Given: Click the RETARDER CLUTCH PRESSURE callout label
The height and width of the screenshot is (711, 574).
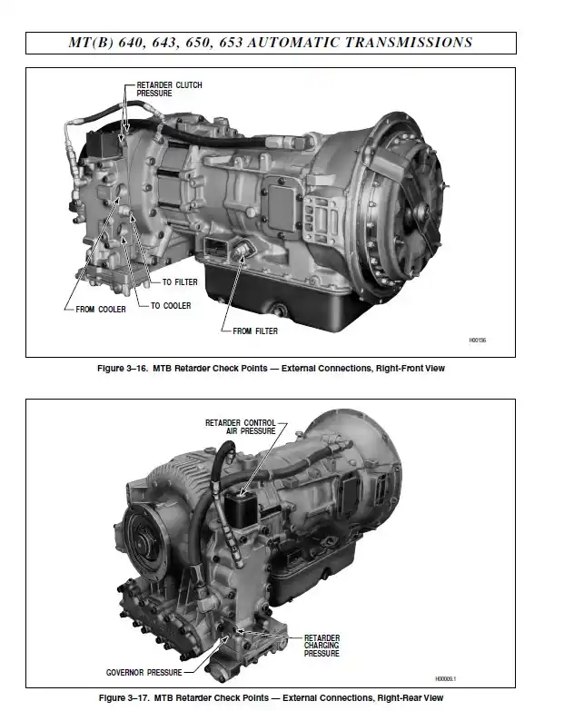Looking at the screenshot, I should point(169,88).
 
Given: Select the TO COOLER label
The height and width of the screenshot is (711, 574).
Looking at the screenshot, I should point(171,306).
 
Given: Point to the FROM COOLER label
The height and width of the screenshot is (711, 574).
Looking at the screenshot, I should point(100,310).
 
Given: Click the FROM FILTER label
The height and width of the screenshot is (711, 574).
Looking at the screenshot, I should point(254,331).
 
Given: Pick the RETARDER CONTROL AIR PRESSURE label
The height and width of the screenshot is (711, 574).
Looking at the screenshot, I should point(240,426).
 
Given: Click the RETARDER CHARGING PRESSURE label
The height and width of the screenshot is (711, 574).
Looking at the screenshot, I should point(322,646).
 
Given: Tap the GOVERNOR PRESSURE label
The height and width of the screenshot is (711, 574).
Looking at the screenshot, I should point(143,673).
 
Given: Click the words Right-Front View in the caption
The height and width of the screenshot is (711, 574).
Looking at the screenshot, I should point(413,369).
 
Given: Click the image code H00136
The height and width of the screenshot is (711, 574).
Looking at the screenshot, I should point(478,341).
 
